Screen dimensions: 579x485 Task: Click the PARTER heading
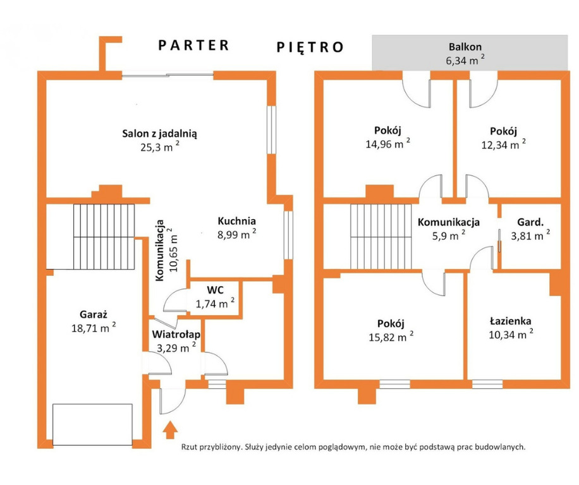194,45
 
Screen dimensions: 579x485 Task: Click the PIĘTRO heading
310,47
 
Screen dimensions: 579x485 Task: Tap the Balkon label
465,47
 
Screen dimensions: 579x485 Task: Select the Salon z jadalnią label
159,133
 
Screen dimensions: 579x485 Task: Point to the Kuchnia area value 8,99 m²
236,234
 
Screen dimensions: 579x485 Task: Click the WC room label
215,290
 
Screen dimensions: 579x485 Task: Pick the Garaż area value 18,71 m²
94,327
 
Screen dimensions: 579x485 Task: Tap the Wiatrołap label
176,335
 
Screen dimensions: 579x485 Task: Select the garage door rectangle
92,425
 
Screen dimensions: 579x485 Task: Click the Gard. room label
530,222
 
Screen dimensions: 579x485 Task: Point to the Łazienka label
511,321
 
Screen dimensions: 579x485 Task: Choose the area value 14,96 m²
387,143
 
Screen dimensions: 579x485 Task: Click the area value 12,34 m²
503,144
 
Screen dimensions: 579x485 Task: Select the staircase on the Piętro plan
381,237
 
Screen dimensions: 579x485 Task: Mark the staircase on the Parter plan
104,237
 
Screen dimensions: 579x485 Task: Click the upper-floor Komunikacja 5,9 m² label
449,229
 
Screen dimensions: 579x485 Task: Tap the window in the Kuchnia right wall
288,235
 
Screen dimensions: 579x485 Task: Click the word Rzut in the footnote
189,447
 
